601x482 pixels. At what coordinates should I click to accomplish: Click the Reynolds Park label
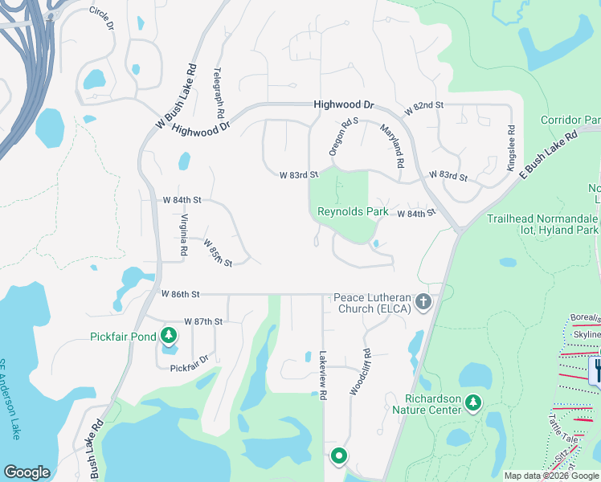(x=353, y=212)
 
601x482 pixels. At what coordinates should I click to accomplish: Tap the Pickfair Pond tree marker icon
(x=169, y=336)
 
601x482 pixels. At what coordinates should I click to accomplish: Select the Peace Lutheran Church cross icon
(x=423, y=303)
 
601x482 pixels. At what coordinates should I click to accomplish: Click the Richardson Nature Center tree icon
(x=474, y=401)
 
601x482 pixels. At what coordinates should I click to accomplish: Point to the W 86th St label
(x=180, y=294)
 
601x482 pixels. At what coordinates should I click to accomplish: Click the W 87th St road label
(x=202, y=321)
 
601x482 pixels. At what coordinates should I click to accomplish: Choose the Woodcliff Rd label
(x=360, y=371)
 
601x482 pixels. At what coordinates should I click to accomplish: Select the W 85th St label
(x=218, y=252)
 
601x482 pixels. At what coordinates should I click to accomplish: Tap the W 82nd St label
(x=424, y=107)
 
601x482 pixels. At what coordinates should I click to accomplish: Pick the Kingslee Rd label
(x=510, y=148)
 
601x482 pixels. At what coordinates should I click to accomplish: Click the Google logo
(x=27, y=472)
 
